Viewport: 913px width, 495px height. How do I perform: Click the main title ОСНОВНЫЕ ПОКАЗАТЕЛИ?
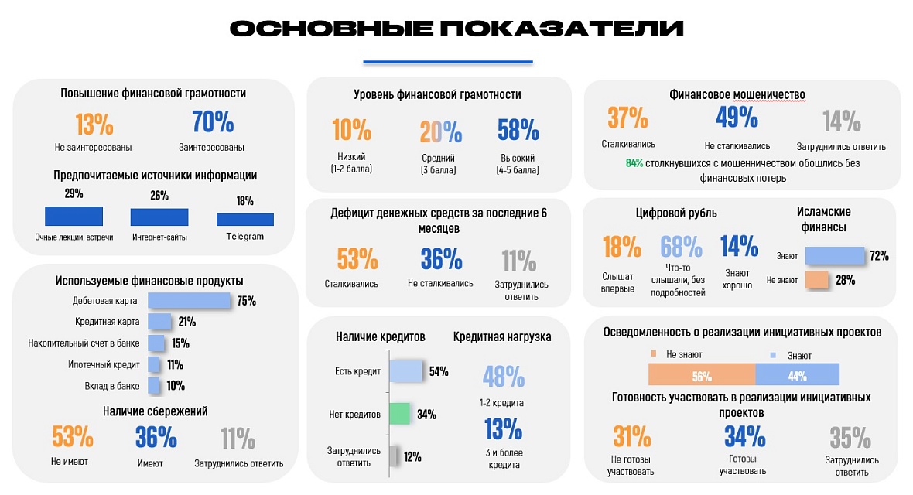tap(456, 29)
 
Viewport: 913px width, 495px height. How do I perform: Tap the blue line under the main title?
tap(448, 62)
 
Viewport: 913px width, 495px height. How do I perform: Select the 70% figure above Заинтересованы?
tap(212, 123)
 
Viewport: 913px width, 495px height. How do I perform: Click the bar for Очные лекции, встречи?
tap(74, 216)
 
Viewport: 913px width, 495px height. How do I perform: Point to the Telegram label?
tap(244, 237)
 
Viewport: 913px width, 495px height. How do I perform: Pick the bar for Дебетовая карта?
tap(189, 301)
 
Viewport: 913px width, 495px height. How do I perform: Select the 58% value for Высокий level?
tap(518, 130)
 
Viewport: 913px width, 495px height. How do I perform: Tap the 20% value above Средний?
tap(440, 131)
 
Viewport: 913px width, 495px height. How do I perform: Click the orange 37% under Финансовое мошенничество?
tap(627, 118)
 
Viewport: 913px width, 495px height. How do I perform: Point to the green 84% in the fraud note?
tap(634, 163)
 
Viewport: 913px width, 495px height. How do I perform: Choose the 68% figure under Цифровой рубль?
tap(682, 247)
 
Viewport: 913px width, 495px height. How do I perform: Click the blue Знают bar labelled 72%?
tap(834, 256)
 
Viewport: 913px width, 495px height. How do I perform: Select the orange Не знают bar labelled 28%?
tap(817, 280)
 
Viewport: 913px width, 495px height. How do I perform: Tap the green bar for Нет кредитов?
tap(398, 414)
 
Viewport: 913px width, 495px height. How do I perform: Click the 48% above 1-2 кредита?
tap(504, 377)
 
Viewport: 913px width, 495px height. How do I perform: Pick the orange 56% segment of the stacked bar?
tap(701, 375)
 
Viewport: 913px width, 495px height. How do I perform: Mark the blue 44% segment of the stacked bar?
tap(797, 375)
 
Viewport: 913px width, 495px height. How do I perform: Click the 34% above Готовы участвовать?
tap(744, 437)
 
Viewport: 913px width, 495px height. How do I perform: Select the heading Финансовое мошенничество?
tap(737, 95)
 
